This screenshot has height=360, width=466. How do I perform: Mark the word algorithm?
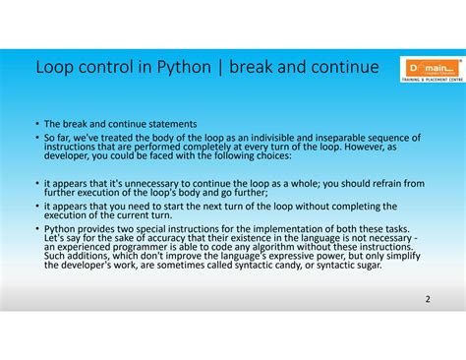[243, 248]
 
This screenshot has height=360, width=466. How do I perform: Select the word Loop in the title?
[55, 68]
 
